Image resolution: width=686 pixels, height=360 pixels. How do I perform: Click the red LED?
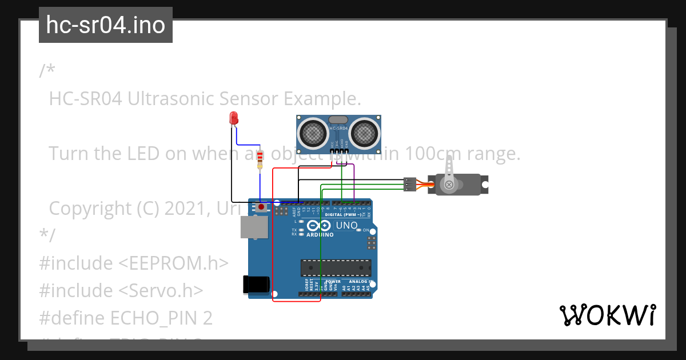[x=233, y=118]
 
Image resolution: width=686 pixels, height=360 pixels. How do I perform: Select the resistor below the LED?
[x=261, y=159]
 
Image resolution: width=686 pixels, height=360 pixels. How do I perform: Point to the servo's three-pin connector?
[x=409, y=184]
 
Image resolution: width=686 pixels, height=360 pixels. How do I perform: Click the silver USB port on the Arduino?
[x=254, y=227]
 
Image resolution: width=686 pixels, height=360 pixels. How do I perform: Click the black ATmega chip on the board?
[x=336, y=267]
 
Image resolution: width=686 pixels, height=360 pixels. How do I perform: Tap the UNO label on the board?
[x=346, y=225]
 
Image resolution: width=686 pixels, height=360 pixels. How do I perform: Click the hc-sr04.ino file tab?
[x=106, y=25]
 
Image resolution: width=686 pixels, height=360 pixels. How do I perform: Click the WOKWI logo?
[x=607, y=315]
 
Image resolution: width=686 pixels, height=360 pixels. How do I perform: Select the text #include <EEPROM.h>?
[x=134, y=263]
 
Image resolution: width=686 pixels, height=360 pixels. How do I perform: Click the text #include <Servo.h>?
[x=121, y=290]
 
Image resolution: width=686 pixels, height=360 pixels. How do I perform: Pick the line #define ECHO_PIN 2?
[x=126, y=318]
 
